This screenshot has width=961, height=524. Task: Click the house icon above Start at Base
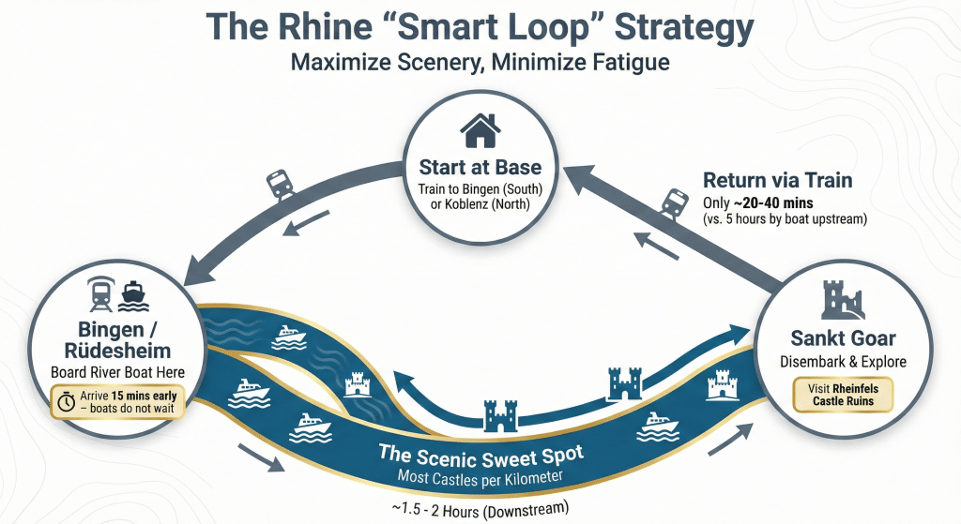480,130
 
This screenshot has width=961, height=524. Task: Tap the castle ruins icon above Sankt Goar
843,299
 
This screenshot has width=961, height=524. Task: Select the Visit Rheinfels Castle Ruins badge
844,395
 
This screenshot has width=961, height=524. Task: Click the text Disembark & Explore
844,362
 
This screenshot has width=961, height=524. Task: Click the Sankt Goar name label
844,338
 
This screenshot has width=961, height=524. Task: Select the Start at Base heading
480,168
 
